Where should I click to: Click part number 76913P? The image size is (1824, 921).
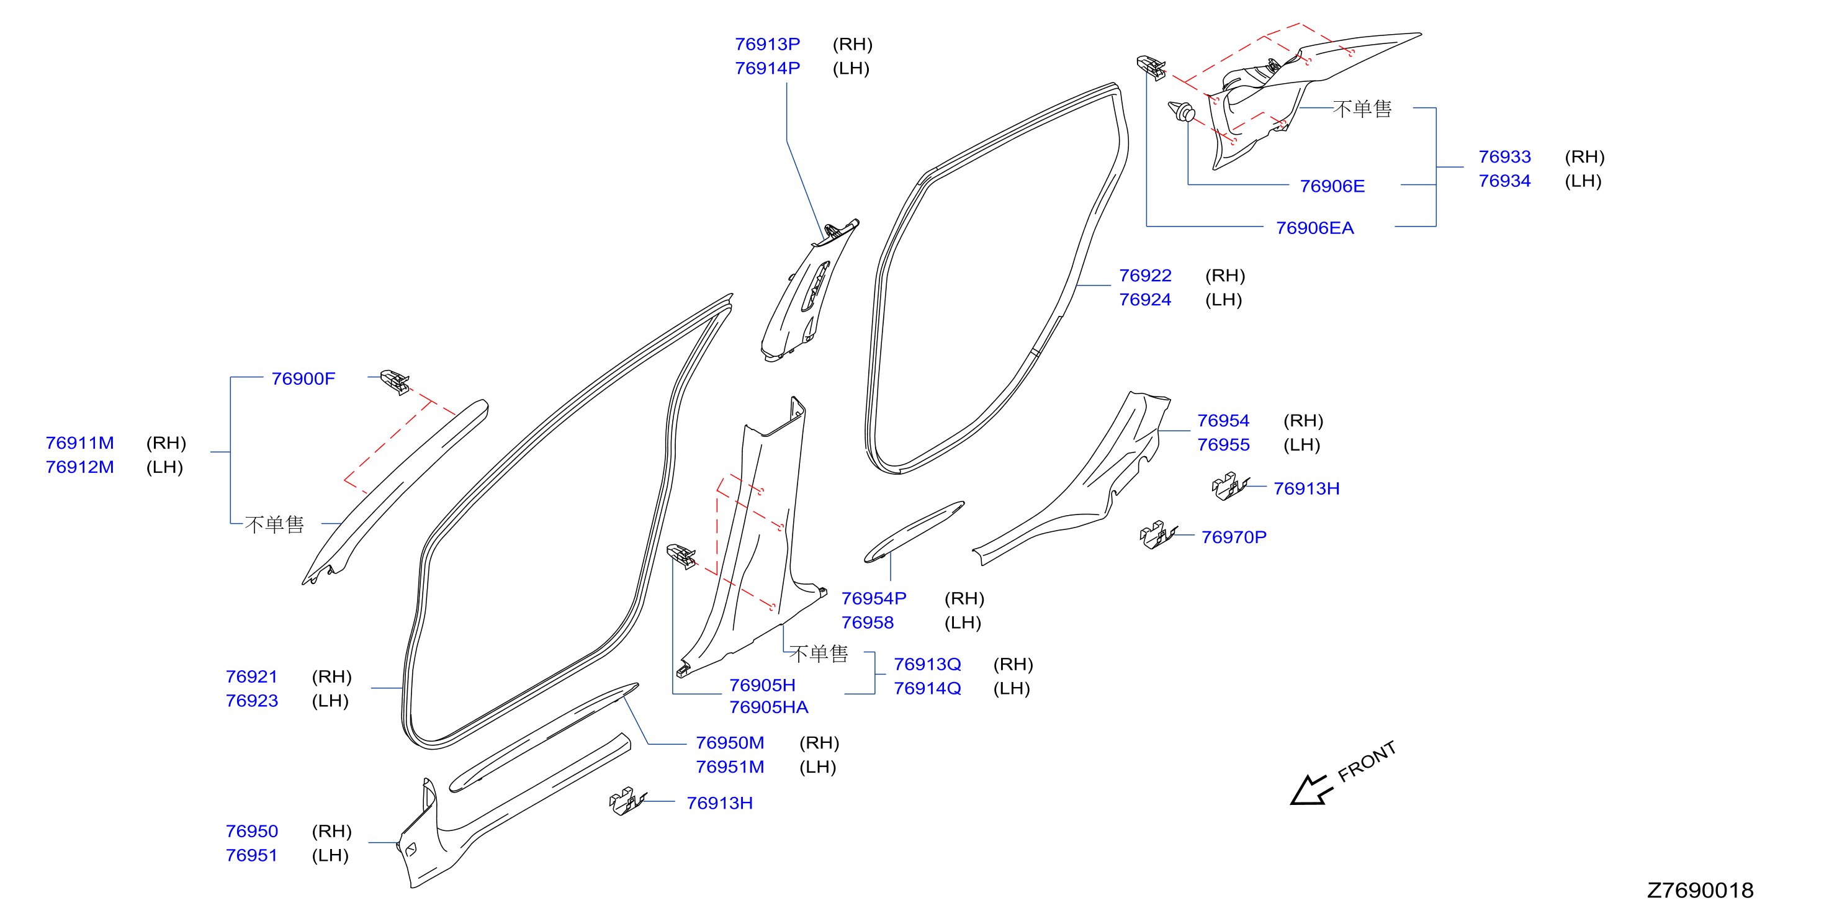(767, 44)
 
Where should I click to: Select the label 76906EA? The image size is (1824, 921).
(1314, 228)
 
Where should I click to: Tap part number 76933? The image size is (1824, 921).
(1504, 156)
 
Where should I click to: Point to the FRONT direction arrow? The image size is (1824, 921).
(1310, 790)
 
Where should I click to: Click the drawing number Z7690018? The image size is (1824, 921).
(1699, 890)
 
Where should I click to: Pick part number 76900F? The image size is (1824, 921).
(303, 379)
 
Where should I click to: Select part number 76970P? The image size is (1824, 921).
(1233, 537)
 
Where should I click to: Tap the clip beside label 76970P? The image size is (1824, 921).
(1157, 534)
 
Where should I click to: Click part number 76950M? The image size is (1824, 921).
(729, 743)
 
